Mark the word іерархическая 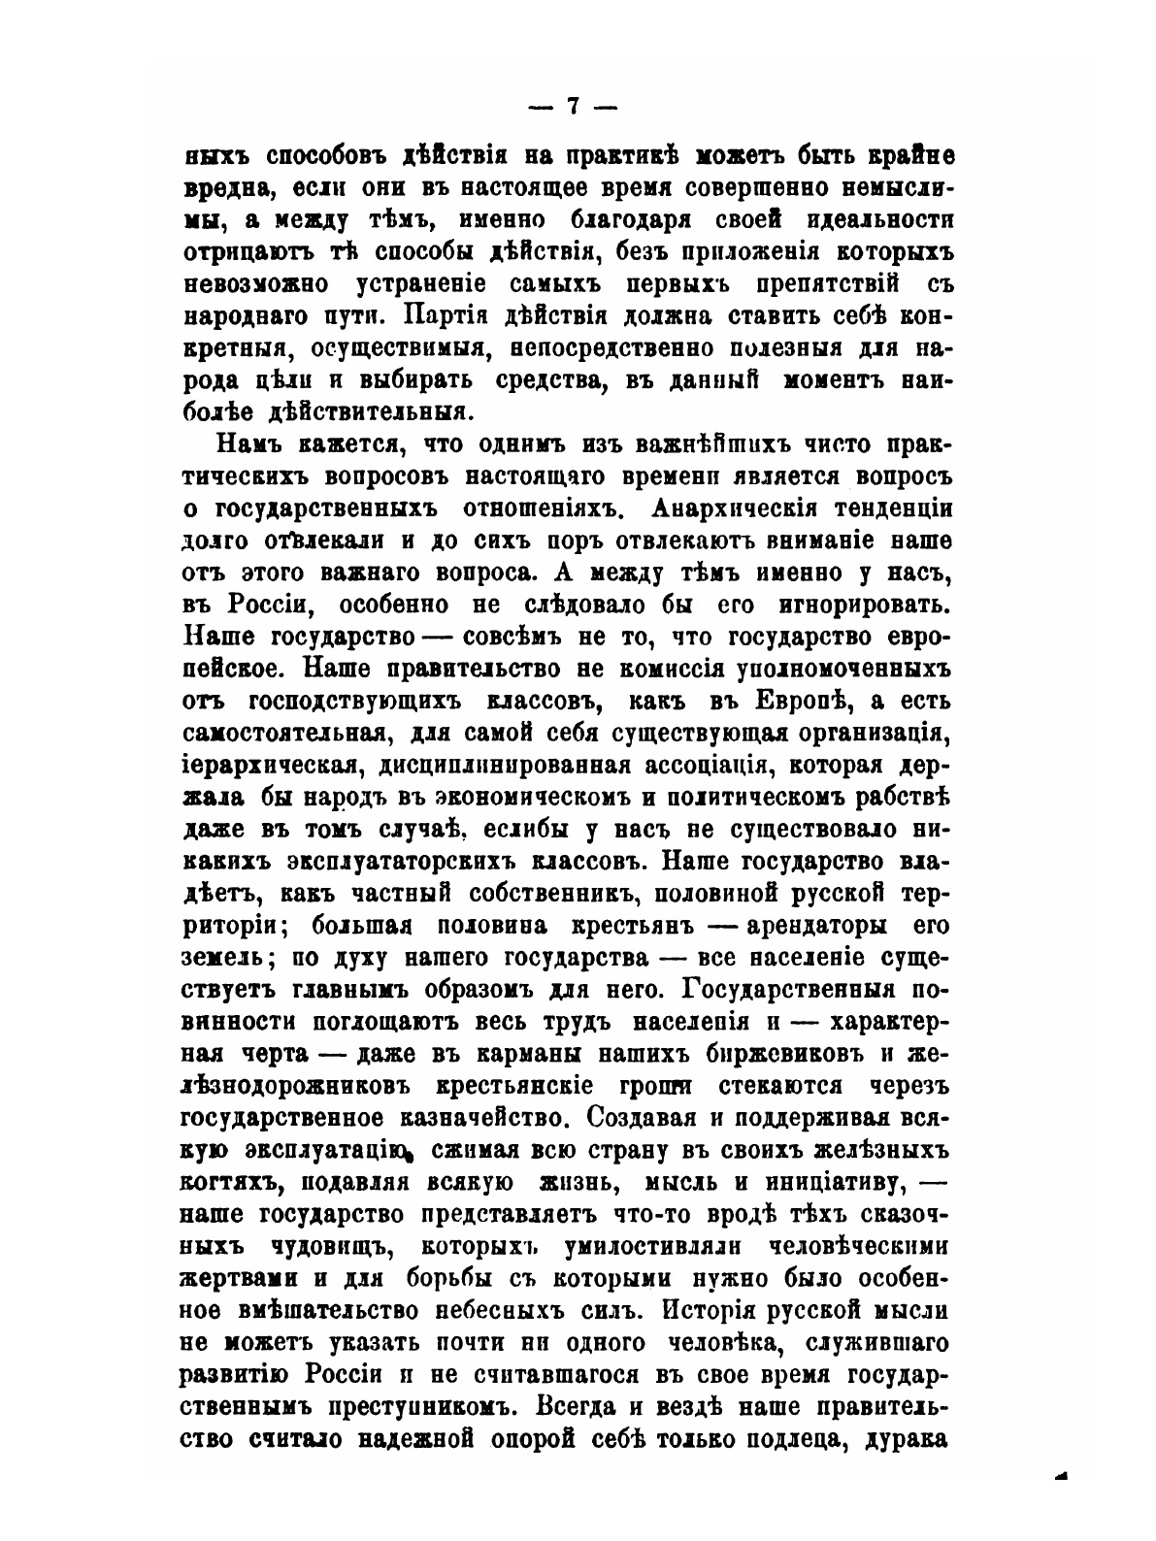point(261,764)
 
